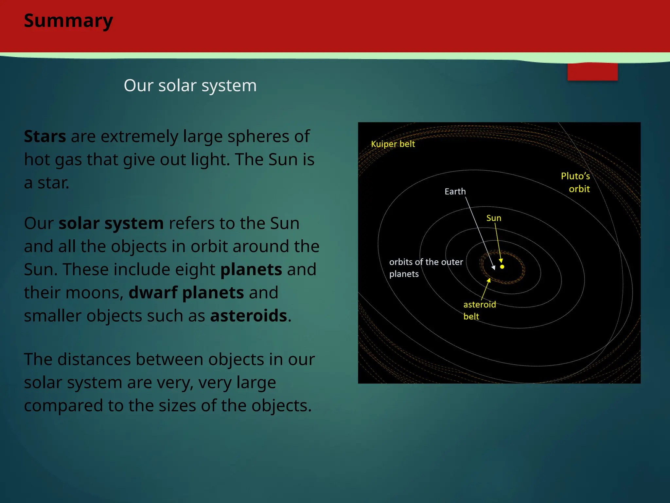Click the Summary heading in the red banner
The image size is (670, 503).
(68, 21)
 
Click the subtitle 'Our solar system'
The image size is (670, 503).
(190, 85)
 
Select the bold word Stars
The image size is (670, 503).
(45, 137)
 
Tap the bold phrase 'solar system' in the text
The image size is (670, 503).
(111, 223)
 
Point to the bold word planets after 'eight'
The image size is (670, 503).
(251, 270)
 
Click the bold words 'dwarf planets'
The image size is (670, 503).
(186, 292)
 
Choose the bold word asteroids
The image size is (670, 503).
(249, 316)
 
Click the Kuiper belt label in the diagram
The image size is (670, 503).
(393, 144)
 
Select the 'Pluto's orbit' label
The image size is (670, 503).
(576, 182)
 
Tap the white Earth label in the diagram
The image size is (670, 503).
(455, 192)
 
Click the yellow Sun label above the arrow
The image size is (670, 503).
(493, 218)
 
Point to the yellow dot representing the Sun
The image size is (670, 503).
(502, 267)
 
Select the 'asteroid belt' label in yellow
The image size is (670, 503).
(479, 310)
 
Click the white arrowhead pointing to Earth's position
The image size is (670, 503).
(494, 268)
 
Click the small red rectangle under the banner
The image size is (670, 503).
(592, 72)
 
